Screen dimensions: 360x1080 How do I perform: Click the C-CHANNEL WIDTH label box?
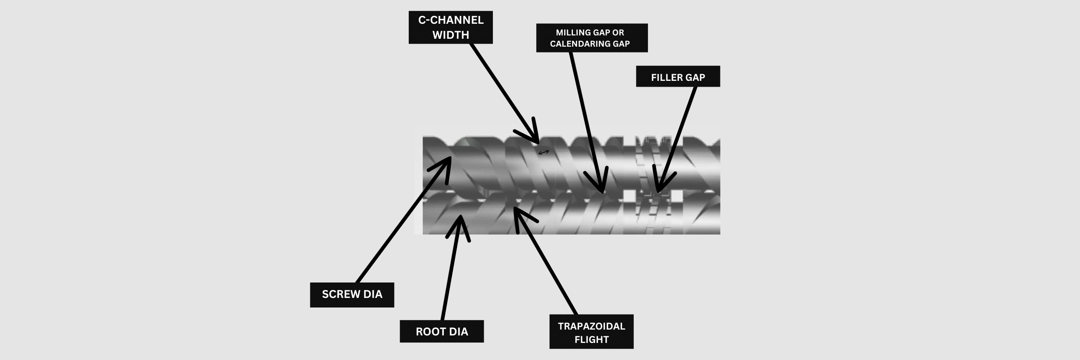[x=450, y=27]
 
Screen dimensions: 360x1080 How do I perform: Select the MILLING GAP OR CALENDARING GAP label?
[x=592, y=38]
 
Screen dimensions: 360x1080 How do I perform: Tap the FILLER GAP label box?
[x=677, y=77]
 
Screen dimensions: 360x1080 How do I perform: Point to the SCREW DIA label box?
[x=352, y=295]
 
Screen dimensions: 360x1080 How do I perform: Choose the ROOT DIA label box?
[x=442, y=332]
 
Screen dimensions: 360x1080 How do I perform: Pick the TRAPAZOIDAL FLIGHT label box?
[x=591, y=332]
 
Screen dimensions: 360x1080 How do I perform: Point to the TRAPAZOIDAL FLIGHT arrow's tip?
[x=515, y=208]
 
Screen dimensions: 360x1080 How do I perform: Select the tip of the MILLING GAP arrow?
[x=602, y=191]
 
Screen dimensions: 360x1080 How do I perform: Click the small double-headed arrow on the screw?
[x=543, y=152]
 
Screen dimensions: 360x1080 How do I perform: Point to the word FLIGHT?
[x=591, y=340]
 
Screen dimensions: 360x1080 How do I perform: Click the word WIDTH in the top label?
[x=451, y=35]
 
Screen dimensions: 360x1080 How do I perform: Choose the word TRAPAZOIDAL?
[x=591, y=326]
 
